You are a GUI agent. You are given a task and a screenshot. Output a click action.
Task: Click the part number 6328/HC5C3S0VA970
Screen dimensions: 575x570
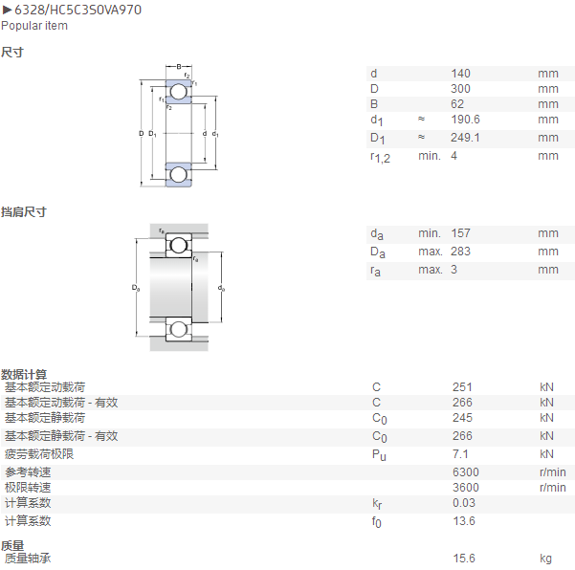coord(77,10)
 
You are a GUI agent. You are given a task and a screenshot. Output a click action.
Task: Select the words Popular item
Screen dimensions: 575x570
coord(34,26)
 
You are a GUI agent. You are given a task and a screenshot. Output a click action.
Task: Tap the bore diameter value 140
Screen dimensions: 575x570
coord(460,74)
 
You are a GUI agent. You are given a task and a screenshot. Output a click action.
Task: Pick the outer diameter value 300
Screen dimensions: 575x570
coord(460,89)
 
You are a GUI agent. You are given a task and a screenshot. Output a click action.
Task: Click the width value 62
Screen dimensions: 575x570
coord(457,104)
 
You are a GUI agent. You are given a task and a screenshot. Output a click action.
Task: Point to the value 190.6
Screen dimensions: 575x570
coord(465,120)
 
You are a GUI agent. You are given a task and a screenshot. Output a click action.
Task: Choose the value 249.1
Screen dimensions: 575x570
coord(465,138)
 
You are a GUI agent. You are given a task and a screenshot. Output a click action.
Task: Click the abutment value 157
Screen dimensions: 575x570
coord(460,233)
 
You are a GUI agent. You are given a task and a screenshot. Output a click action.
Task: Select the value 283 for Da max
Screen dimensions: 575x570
coord(460,252)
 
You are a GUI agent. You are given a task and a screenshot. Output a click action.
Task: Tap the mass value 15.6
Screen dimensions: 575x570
coord(464,559)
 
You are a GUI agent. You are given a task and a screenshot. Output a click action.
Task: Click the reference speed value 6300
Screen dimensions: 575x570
coord(466,472)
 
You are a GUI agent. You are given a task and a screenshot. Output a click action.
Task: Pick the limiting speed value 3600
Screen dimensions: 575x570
coord(466,488)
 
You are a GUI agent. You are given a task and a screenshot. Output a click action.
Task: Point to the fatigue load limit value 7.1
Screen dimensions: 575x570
coord(460,454)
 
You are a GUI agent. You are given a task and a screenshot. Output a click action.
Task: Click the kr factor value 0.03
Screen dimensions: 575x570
coord(464,503)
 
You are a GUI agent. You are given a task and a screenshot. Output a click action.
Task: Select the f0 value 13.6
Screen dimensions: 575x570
coord(464,521)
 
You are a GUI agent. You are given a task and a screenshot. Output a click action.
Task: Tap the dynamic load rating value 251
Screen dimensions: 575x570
coord(462,387)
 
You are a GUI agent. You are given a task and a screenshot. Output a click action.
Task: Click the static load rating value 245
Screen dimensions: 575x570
coord(462,418)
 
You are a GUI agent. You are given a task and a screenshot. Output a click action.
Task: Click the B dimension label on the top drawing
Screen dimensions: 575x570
coord(179,67)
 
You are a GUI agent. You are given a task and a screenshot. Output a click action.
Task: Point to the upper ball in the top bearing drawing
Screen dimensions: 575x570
coord(179,92)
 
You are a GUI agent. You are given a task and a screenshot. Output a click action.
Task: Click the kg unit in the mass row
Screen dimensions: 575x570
coord(545,559)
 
